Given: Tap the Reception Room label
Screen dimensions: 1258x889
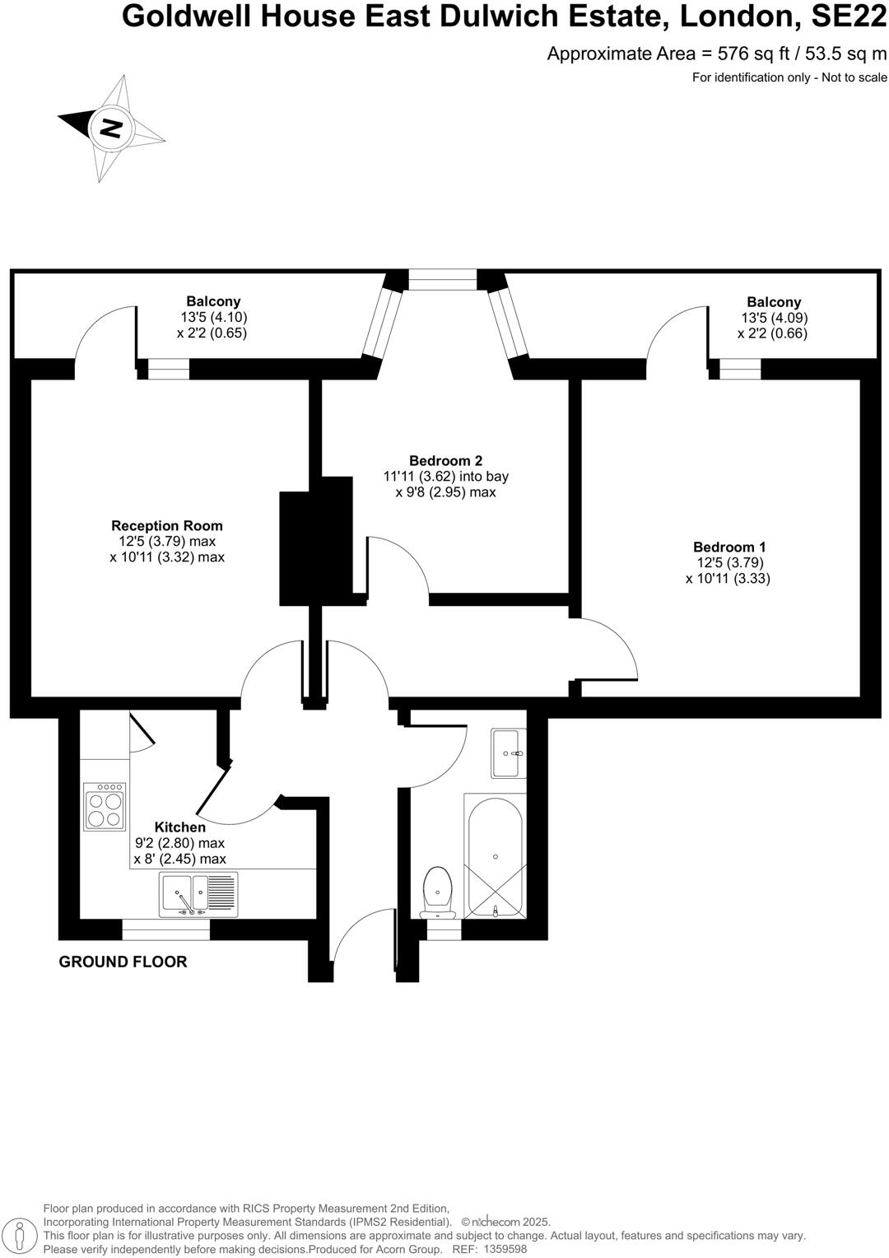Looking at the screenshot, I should (x=167, y=525).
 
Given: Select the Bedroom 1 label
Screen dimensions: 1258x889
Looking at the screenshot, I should (x=729, y=547).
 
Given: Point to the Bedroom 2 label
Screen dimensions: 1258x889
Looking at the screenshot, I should (x=445, y=460).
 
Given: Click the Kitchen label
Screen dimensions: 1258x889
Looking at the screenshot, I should (x=180, y=827).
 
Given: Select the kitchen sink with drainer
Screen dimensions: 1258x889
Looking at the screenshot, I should (x=198, y=895).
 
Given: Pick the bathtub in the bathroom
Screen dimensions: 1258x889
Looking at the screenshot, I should (x=495, y=856).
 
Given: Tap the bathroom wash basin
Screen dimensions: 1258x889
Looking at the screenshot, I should (x=508, y=752).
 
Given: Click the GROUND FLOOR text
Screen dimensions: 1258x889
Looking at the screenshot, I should (x=123, y=962).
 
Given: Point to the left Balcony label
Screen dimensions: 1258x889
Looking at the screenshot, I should (x=213, y=301).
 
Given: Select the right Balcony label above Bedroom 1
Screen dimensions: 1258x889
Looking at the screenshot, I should (x=774, y=302).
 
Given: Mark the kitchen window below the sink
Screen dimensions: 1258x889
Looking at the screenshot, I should (x=165, y=930).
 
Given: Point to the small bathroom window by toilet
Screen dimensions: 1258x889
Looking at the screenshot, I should (x=444, y=930).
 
